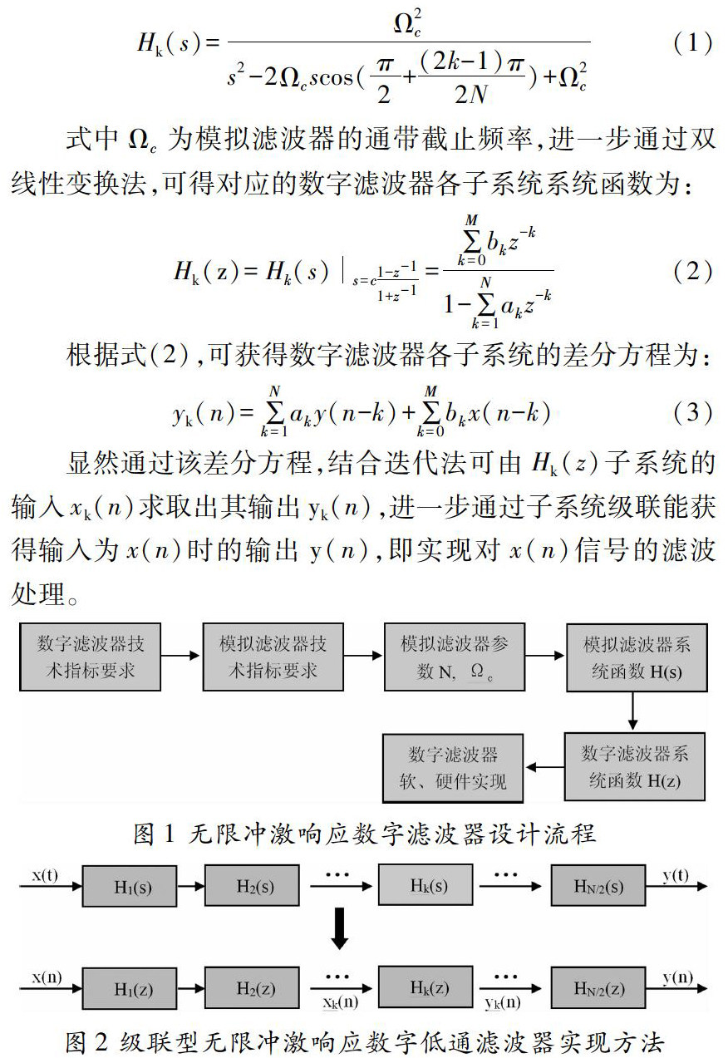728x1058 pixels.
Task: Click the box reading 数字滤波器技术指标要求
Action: pos(90,657)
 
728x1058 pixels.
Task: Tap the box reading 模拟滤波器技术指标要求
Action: pos(273,657)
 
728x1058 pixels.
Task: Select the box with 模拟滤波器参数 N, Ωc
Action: pos(454,657)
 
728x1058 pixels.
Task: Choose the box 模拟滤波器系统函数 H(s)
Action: pos(636,657)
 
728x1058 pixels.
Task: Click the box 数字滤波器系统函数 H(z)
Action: pos(634,766)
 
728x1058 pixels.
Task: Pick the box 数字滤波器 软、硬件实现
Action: pos(453,766)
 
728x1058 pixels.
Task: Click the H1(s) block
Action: pos(132,887)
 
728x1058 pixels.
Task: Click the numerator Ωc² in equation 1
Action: pos(407,22)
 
